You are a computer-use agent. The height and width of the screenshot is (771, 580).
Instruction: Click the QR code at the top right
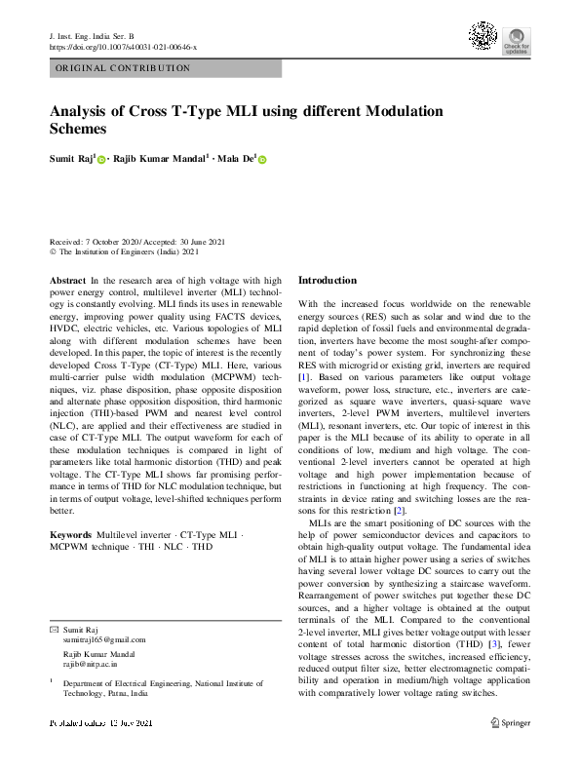[x=483, y=36]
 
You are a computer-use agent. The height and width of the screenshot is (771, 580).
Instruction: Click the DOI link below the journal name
[x=123, y=47]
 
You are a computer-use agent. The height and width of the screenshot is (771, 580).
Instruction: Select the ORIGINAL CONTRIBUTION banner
[x=165, y=68]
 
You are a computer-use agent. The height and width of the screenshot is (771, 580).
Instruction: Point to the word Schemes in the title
[x=77, y=129]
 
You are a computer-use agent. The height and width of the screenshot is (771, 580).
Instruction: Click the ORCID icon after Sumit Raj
[x=101, y=159]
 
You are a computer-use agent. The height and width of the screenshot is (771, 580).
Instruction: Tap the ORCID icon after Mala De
[x=261, y=159]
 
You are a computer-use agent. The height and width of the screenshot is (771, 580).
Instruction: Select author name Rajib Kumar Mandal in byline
[x=161, y=158]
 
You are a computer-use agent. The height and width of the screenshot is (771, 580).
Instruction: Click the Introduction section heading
[x=328, y=281]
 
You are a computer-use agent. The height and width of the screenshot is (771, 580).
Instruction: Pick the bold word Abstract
[x=67, y=281]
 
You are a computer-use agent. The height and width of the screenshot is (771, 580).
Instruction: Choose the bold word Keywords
[x=70, y=536]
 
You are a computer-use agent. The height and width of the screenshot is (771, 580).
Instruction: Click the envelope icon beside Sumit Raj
[x=54, y=630]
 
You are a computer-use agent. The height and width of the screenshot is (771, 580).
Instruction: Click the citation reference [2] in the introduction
[x=399, y=511]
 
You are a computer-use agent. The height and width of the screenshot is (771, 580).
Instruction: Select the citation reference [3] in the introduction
[x=495, y=644]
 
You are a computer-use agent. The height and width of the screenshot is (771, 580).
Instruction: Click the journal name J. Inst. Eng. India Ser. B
[x=97, y=35]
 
